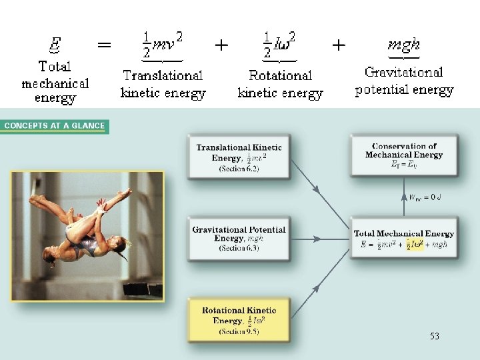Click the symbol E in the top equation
[56, 45]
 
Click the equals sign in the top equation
[104, 45]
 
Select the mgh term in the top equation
[404, 45]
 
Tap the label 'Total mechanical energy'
[55, 83]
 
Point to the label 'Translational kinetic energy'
[163, 84]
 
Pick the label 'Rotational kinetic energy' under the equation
[280, 85]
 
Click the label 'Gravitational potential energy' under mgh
[404, 81]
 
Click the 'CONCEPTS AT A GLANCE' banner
[55, 126]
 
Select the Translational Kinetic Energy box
[239, 157]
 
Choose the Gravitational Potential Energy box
[239, 238]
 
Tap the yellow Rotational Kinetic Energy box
[239, 319]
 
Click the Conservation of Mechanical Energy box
[404, 155]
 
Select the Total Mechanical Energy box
[404, 238]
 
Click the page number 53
[435, 337]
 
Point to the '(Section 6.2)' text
[239, 169]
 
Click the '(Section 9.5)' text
[239, 332]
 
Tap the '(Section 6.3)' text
[239, 248]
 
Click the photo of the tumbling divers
[87, 236]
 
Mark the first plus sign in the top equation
[221, 45]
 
